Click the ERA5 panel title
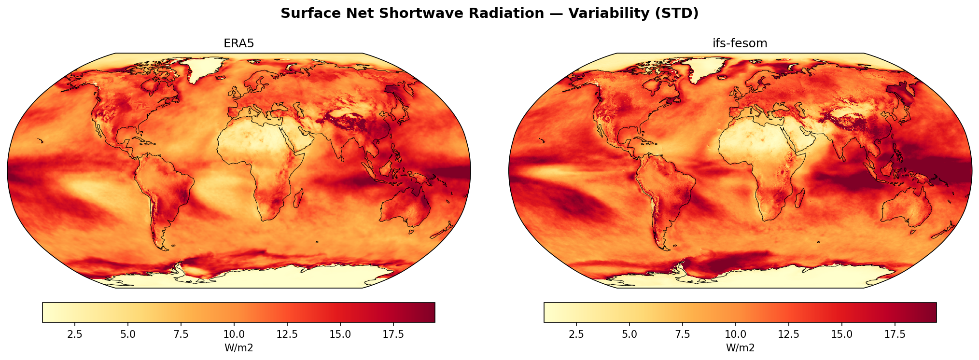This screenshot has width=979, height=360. click(238, 43)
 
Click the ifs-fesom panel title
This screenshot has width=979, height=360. click(740, 43)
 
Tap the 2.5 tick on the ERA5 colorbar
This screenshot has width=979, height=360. click(75, 334)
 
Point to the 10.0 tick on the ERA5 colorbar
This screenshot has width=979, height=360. click(234, 334)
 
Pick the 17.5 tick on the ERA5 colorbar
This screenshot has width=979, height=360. click(393, 334)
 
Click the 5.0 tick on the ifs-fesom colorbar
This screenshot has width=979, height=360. click(629, 334)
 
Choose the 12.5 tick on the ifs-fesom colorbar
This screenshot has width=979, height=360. click(788, 334)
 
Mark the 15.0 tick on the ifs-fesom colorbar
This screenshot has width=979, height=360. click(842, 334)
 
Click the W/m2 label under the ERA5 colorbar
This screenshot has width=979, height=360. click(238, 347)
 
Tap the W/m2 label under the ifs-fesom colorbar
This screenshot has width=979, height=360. click(740, 347)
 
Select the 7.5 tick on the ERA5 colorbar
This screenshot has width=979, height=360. click(181, 334)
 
